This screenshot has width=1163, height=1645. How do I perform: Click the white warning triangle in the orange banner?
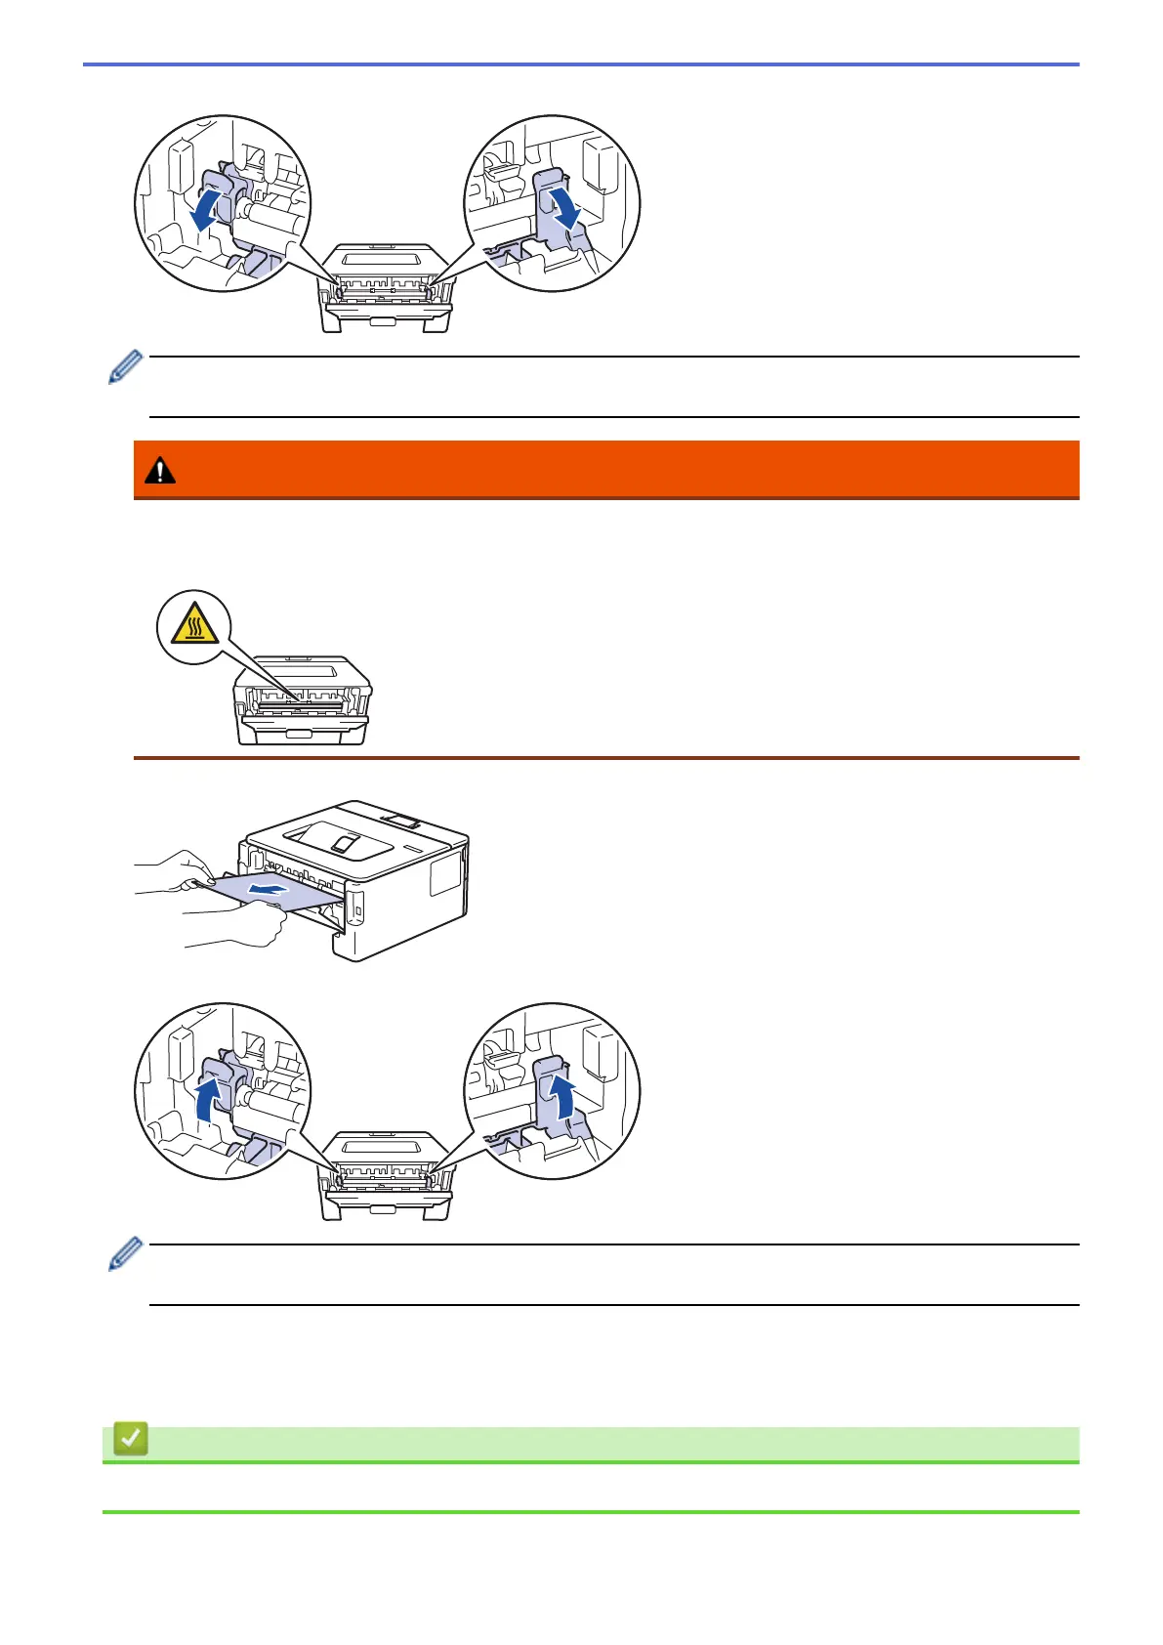[x=159, y=471]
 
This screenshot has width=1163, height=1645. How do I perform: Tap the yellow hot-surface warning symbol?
[x=194, y=627]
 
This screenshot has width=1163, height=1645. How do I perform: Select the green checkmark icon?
[x=130, y=1439]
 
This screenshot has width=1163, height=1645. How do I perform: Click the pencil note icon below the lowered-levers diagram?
[x=126, y=367]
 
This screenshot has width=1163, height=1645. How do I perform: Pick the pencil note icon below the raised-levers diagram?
[x=126, y=1255]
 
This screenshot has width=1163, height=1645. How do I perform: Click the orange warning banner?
[x=605, y=470]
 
